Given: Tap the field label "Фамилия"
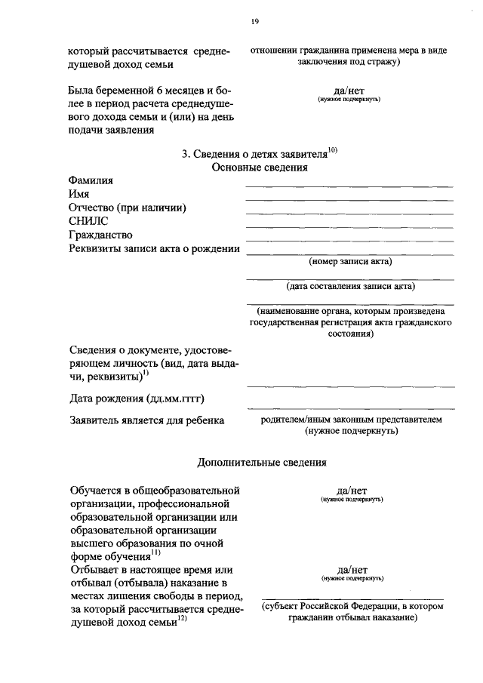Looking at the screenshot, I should click(91, 181).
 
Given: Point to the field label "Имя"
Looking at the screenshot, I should click(79, 195).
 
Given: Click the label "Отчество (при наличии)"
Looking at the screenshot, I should click(128, 208).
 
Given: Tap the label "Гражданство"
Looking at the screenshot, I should click(100, 235).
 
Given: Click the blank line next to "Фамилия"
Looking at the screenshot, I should click(349, 186).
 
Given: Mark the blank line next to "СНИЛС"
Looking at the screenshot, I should click(349, 226).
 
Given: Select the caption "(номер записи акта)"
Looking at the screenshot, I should click(350, 262).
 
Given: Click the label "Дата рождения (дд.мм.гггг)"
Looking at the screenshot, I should click(137, 398).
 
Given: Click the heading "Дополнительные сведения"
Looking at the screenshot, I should click(262, 461).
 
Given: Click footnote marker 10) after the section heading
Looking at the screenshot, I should click(333, 149).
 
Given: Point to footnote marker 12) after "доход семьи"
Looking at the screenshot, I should click(182, 620).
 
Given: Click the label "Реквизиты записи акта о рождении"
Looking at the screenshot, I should click(155, 248).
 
